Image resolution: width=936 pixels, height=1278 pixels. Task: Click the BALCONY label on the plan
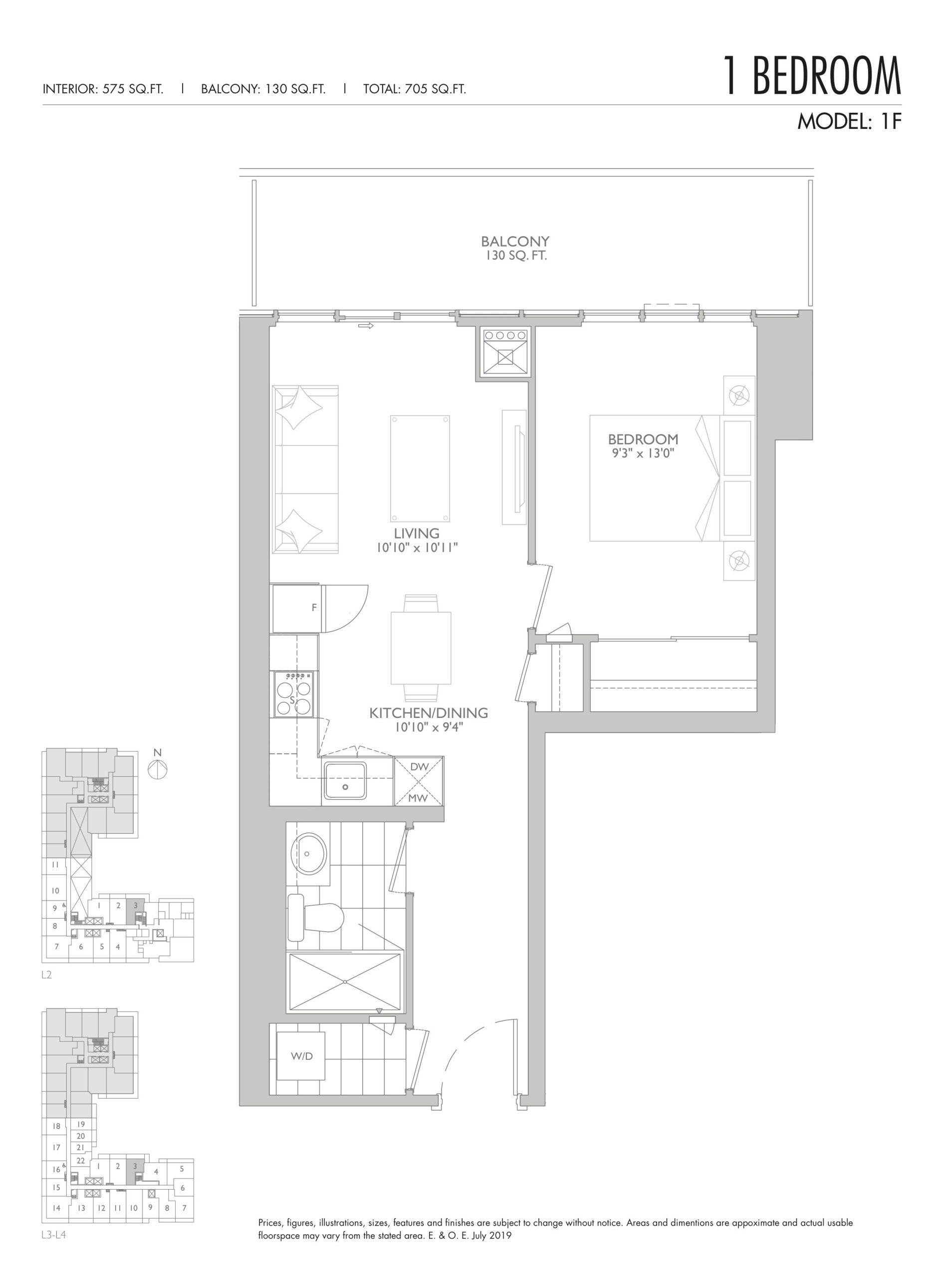tap(514, 242)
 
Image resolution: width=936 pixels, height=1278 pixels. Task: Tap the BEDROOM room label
tap(643, 439)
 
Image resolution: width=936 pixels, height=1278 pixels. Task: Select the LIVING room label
tap(417, 533)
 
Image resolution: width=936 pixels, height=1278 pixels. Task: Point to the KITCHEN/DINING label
tap(429, 712)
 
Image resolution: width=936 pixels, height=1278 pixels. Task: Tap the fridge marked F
tap(296, 609)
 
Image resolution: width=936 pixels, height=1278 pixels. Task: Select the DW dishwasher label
tap(419, 767)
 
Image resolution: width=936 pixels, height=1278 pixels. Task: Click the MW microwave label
tap(419, 799)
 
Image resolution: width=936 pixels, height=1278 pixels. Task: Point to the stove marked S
tap(293, 693)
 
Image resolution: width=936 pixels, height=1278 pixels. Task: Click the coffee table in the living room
tap(420, 468)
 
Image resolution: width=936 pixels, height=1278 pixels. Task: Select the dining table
tap(421, 648)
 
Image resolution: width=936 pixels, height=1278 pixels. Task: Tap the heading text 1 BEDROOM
tap(812, 75)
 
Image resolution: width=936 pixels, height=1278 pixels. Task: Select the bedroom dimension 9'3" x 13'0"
tap(643, 453)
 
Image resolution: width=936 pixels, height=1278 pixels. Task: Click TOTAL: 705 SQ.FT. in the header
tap(414, 89)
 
